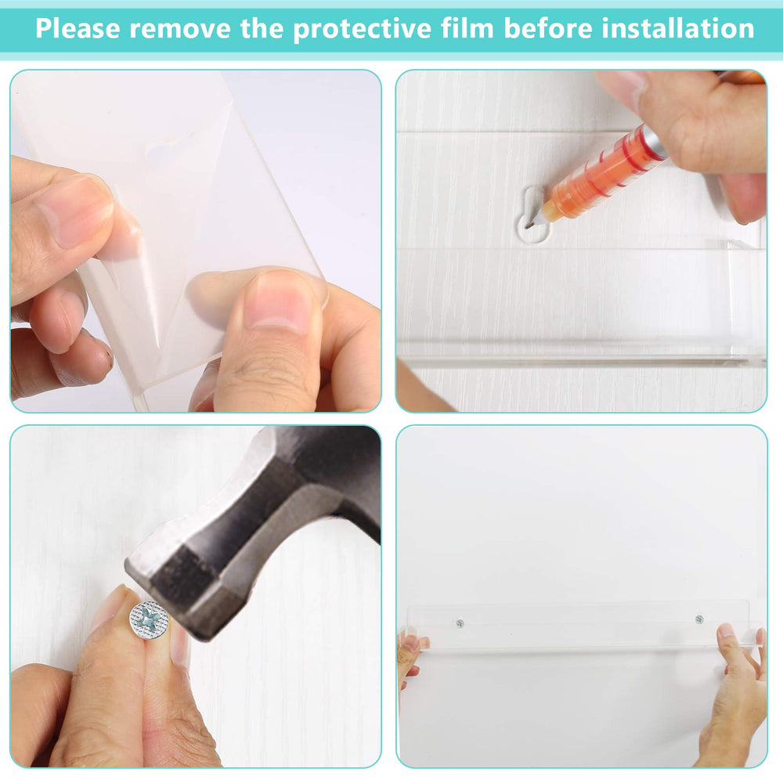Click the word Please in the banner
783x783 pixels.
coord(78,28)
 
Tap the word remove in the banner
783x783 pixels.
coord(180,28)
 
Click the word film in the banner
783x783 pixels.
coord(467,27)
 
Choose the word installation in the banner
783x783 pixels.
coord(678,28)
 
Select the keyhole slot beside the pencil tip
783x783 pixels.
coord(533,215)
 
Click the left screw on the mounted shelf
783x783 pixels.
coord(460,623)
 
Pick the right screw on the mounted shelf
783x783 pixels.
coord(699,619)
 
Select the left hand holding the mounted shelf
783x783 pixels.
coord(410,654)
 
